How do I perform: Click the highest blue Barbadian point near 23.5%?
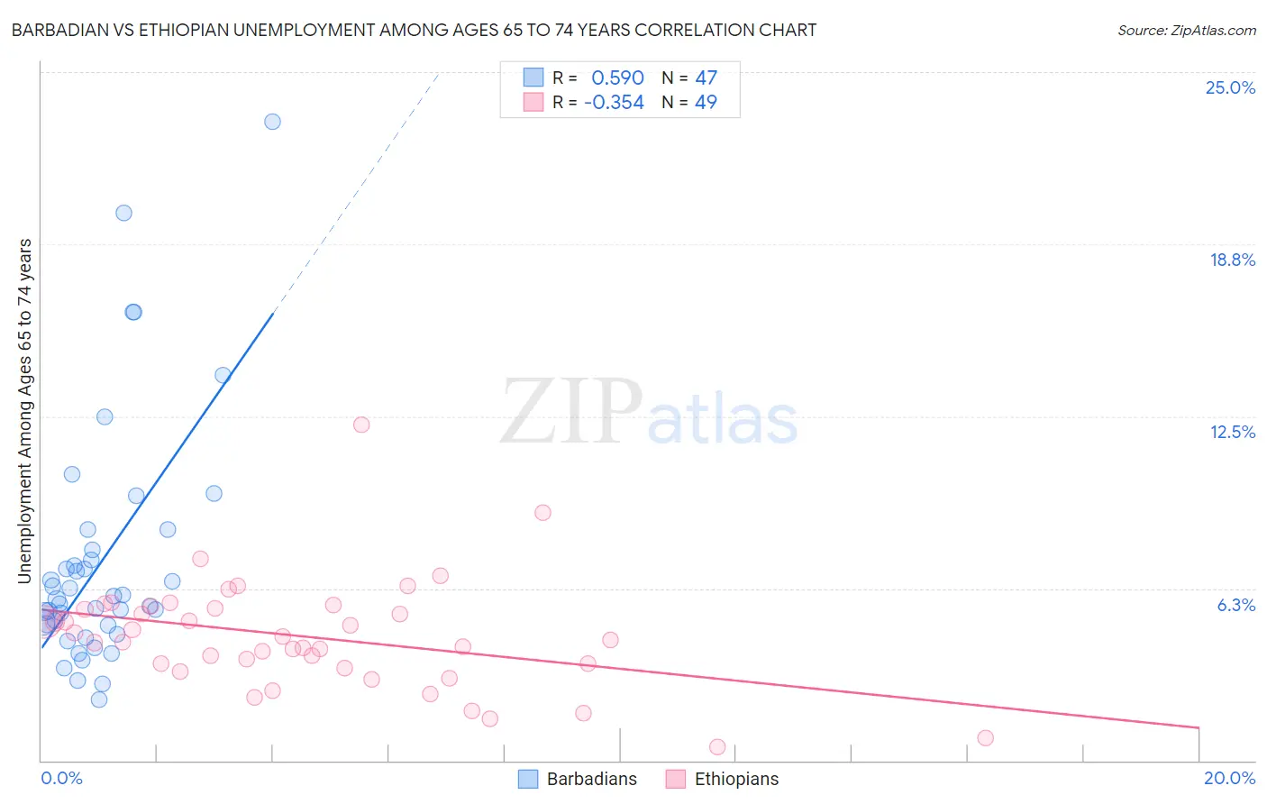pos(272,122)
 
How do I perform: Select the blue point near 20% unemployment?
pos(123,213)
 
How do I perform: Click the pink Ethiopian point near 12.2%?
pos(361,425)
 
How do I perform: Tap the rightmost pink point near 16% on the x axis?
pos(985,738)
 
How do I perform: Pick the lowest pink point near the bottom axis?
pos(717,746)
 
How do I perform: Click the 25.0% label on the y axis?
pos(1230,87)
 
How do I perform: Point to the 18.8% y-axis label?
pos(1232,260)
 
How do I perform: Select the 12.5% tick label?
pos(1232,432)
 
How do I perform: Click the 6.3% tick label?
pos(1235,605)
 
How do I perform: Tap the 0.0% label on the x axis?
pos(61,778)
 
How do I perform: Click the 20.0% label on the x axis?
pos(1229,778)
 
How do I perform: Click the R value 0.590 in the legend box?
pos(617,78)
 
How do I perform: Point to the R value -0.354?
pos(614,103)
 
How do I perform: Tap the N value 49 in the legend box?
pos(706,103)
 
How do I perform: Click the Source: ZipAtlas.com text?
pos(1186,31)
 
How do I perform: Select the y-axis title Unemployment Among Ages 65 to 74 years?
pos(25,410)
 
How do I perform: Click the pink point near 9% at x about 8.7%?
pos(542,512)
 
